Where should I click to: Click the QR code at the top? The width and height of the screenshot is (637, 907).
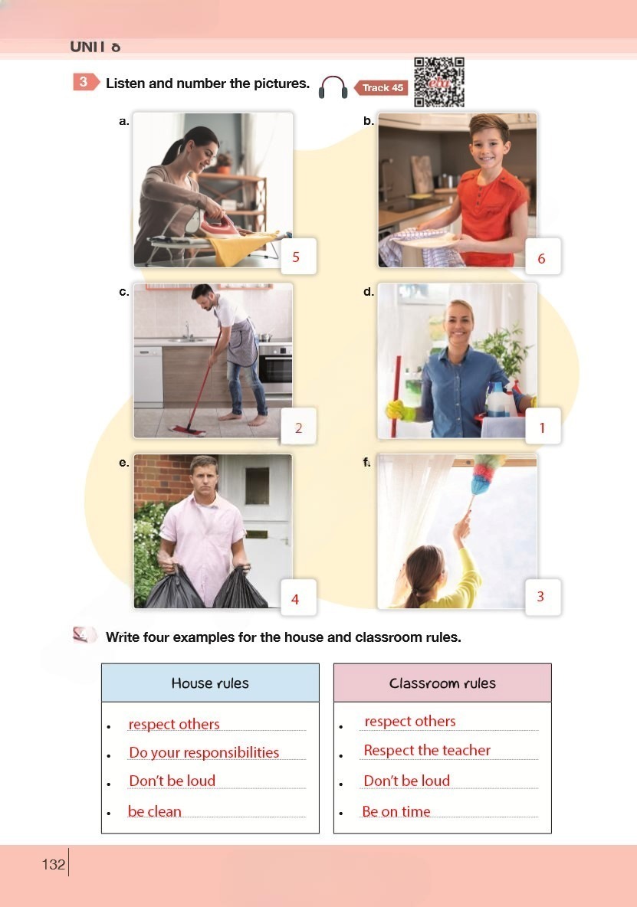(x=439, y=82)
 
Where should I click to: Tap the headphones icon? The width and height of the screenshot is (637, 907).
(x=333, y=87)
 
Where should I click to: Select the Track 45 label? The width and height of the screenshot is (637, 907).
(x=381, y=88)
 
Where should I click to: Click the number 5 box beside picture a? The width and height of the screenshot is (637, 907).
(x=298, y=257)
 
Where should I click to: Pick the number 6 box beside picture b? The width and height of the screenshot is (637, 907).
(x=543, y=257)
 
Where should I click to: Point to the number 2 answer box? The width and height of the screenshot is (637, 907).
(x=298, y=427)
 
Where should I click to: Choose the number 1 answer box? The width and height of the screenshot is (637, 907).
(x=543, y=427)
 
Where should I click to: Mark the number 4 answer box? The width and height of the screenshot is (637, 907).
(x=298, y=597)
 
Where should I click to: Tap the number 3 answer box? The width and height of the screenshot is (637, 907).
(x=543, y=597)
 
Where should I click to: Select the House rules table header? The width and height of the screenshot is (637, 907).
(x=210, y=683)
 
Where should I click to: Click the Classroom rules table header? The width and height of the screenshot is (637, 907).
(x=442, y=683)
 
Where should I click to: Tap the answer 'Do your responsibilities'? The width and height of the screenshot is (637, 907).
(x=204, y=752)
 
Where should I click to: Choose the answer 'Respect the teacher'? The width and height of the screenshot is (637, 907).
(x=427, y=750)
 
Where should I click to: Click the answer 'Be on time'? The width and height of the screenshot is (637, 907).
(x=396, y=811)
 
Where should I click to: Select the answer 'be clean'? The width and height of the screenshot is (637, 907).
(x=155, y=811)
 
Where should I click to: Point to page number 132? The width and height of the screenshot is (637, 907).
(x=53, y=864)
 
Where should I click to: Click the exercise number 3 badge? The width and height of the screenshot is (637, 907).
(x=85, y=82)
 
